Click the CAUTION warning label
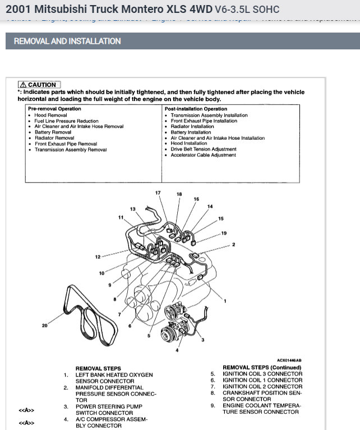point(39,85)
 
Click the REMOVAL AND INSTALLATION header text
point(67,41)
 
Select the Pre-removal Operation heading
point(54,109)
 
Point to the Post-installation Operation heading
point(196,109)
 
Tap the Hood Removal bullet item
point(50,115)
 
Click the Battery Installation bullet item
point(191,132)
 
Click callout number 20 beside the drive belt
point(45,326)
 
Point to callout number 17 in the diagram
point(158,193)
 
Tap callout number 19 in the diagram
point(224,233)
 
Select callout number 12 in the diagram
point(98,257)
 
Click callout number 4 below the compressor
point(177,350)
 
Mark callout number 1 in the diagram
point(225,301)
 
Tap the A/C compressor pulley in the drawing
point(168,335)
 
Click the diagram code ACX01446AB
point(289,360)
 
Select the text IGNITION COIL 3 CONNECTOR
point(262,374)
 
